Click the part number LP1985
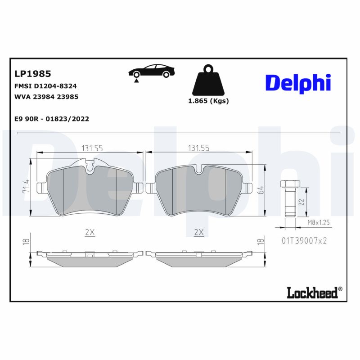(x=33, y=73)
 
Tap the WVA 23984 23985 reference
(x=46, y=96)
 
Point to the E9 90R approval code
(x=52, y=119)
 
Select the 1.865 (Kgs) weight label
(x=208, y=101)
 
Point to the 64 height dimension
(x=260, y=189)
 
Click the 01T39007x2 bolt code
(x=304, y=241)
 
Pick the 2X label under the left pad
(x=90, y=232)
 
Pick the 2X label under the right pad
(x=198, y=232)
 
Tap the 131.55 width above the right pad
(x=198, y=148)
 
